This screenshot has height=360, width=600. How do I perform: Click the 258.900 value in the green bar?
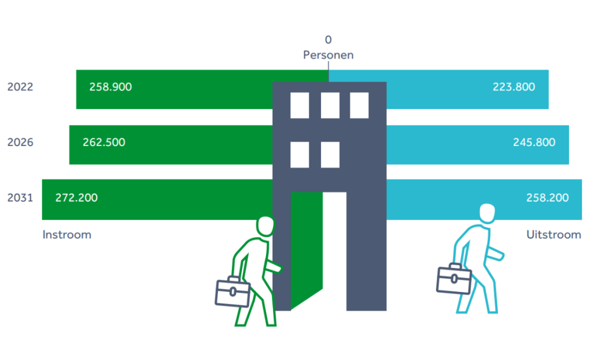(111, 87)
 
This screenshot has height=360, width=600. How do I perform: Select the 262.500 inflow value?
(104, 142)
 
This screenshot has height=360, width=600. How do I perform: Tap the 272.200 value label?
(76, 198)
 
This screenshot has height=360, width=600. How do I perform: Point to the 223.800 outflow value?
(514, 87)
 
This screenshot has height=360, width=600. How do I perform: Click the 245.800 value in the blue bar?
(534, 142)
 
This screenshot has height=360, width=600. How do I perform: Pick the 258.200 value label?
(547, 198)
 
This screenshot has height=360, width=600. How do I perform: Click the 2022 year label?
(20, 87)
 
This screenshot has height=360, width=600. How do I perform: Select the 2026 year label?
(20, 142)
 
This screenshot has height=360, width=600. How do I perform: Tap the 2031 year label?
(20, 198)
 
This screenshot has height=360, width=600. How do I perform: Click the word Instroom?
(67, 235)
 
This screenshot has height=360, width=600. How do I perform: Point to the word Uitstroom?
(554, 235)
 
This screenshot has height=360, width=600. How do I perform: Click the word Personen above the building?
(328, 55)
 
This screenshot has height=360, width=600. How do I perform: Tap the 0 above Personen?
(328, 40)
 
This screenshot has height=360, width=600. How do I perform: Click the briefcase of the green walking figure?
(232, 291)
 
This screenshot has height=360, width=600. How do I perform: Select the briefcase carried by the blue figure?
(454, 279)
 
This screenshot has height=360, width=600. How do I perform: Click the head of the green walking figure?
(265, 226)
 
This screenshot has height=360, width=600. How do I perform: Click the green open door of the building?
(306, 246)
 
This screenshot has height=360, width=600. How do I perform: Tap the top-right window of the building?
(359, 105)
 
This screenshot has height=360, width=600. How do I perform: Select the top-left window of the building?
(299, 105)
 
